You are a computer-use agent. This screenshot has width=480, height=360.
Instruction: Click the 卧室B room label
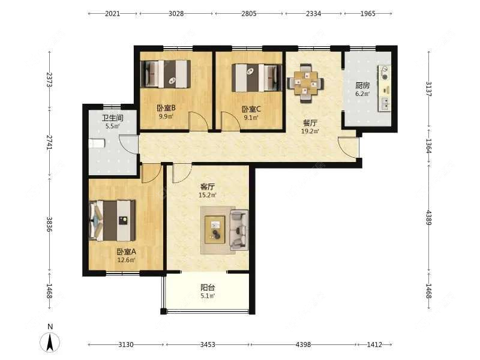click(166, 108)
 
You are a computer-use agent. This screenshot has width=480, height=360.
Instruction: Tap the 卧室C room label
click(251, 109)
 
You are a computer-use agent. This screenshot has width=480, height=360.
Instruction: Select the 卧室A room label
click(126, 251)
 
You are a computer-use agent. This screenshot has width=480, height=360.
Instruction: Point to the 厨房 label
click(362, 85)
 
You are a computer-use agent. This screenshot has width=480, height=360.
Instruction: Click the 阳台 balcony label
click(208, 287)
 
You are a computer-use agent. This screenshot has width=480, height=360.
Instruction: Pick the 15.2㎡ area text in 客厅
click(208, 195)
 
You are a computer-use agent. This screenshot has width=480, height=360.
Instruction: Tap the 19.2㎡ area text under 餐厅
click(310, 131)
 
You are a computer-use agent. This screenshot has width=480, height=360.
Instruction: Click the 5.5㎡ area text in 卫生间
click(112, 126)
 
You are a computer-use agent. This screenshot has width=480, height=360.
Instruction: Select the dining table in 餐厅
click(305, 83)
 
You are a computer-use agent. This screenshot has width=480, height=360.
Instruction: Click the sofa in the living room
click(239, 230)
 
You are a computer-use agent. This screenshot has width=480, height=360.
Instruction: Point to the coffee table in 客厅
click(215, 230)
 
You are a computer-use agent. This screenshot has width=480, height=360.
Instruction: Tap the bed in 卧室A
click(112, 220)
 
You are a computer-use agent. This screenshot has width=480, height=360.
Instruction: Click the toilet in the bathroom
click(97, 143)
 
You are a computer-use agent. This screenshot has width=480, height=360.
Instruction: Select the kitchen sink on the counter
click(385, 103)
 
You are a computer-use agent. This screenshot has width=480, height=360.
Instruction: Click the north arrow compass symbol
click(50, 342)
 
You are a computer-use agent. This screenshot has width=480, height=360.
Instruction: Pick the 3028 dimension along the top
click(176, 13)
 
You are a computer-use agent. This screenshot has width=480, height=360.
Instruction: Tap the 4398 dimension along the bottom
click(303, 344)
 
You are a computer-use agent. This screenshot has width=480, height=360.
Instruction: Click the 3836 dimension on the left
click(49, 224)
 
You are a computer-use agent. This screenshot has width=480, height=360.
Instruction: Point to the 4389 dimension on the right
click(428, 218)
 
